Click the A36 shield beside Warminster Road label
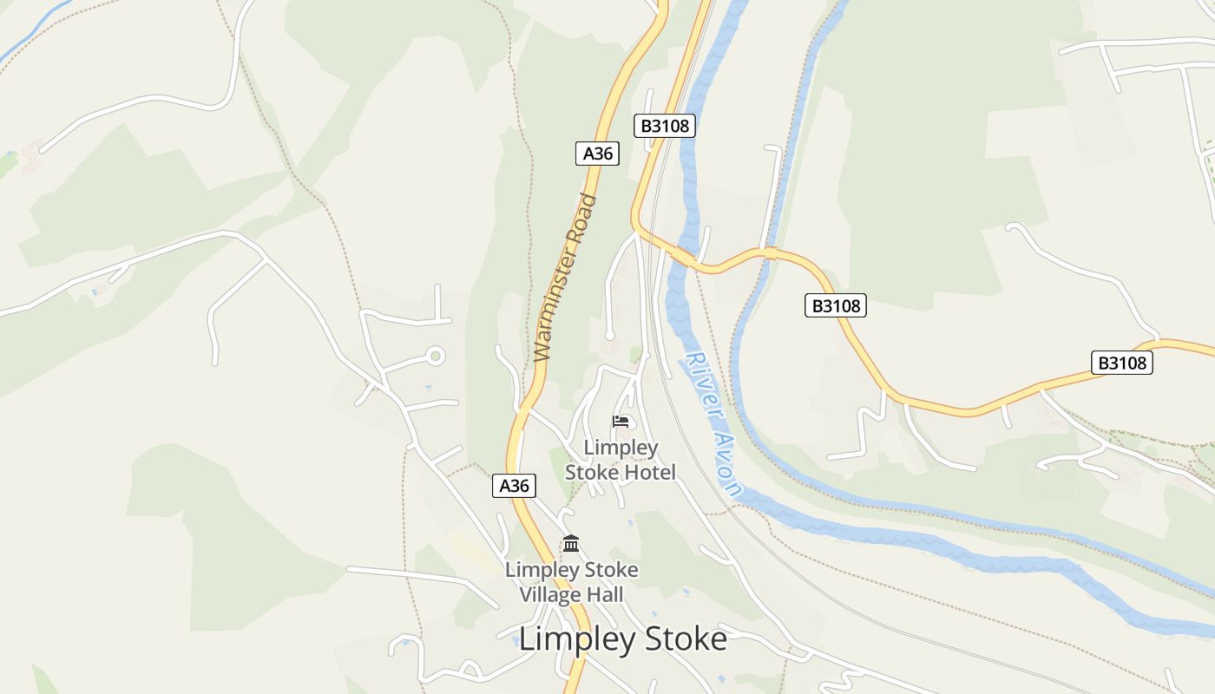pyautogui.click(x=597, y=154)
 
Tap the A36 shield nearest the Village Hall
pyautogui.click(x=514, y=486)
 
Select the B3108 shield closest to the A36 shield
pyautogui.click(x=665, y=126)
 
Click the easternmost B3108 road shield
pyautogui.click(x=1121, y=363)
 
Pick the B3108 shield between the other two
pyautogui.click(x=835, y=305)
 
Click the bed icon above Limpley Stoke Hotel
pyautogui.click(x=621, y=422)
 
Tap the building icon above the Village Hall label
pyautogui.click(x=571, y=544)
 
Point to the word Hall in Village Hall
pyautogui.click(x=604, y=595)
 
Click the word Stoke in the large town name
pyautogui.click(x=686, y=639)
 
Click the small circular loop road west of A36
pyautogui.click(x=436, y=356)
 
